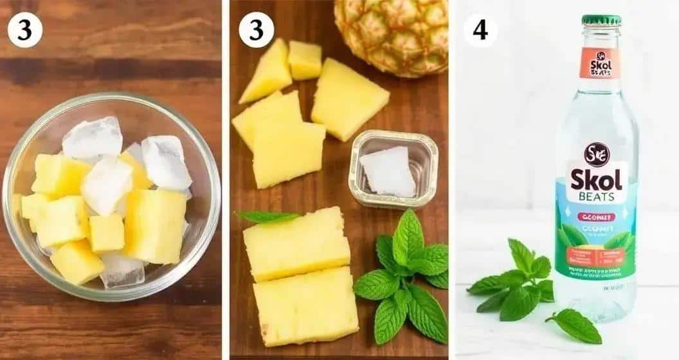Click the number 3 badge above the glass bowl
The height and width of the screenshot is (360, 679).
24,30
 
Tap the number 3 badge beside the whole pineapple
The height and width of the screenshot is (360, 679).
256,30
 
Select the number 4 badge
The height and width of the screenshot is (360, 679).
480,30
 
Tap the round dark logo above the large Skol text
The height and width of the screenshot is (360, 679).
597,155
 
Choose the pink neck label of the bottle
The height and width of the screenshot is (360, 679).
599,62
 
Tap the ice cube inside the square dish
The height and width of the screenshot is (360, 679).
388,172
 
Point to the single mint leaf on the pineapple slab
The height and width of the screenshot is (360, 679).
267,217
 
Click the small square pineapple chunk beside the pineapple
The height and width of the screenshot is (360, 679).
305,59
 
